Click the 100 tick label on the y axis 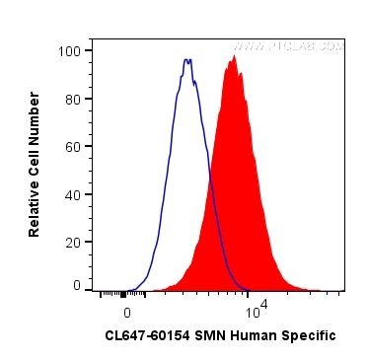[71, 50]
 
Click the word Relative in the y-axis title [35, 206]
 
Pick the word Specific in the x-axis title [309, 336]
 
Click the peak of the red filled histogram [234, 56]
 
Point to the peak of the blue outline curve [186, 60]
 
